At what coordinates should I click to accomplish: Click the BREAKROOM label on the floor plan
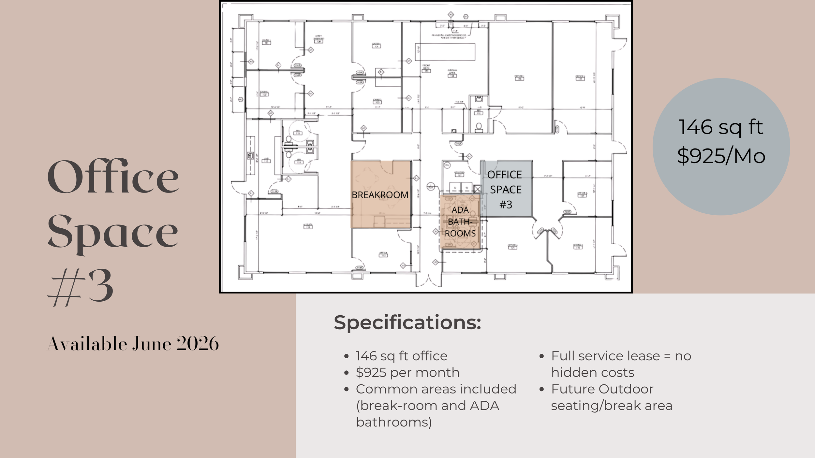(x=380, y=195)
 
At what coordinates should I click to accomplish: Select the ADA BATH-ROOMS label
(x=460, y=222)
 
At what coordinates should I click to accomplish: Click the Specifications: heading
(x=407, y=323)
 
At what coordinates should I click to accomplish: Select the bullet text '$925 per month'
(x=407, y=372)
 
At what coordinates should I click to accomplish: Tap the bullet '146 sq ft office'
(x=401, y=356)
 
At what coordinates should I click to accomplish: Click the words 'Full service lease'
(x=605, y=356)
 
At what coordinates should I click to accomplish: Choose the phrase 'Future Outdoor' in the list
(x=602, y=389)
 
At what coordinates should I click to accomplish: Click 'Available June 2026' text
(x=133, y=344)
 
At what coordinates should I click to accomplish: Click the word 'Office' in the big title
(x=113, y=177)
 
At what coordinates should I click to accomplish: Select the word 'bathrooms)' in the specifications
(x=394, y=422)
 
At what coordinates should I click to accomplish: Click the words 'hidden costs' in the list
(x=593, y=372)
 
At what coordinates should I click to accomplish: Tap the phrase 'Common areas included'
(x=436, y=389)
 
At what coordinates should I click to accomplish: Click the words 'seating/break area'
(x=612, y=406)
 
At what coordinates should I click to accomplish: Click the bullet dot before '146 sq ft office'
(x=347, y=356)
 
